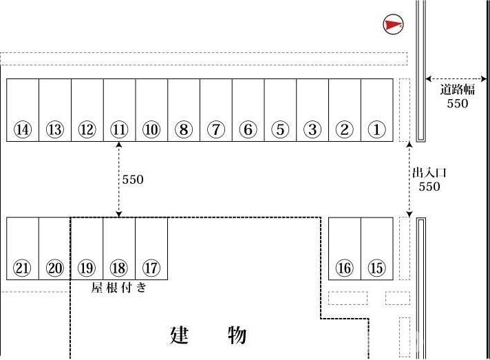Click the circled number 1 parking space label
(x=376, y=129)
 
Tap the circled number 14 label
(x=23, y=129)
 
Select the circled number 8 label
(x=184, y=129)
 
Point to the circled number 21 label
(x=22, y=268)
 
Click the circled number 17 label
(x=151, y=268)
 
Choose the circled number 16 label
(x=344, y=268)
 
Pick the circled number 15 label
(x=376, y=268)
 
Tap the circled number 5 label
(x=280, y=129)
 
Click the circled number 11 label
(x=119, y=129)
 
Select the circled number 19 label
(x=87, y=268)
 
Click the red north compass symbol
(x=393, y=24)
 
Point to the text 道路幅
(x=457, y=89)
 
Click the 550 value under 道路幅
(x=457, y=103)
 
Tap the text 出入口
(x=429, y=173)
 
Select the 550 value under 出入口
(x=429, y=187)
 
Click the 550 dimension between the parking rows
(x=133, y=180)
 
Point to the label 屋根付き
(x=119, y=287)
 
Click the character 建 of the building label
(x=180, y=335)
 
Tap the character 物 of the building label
(x=237, y=335)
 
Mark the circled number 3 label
(x=312, y=129)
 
